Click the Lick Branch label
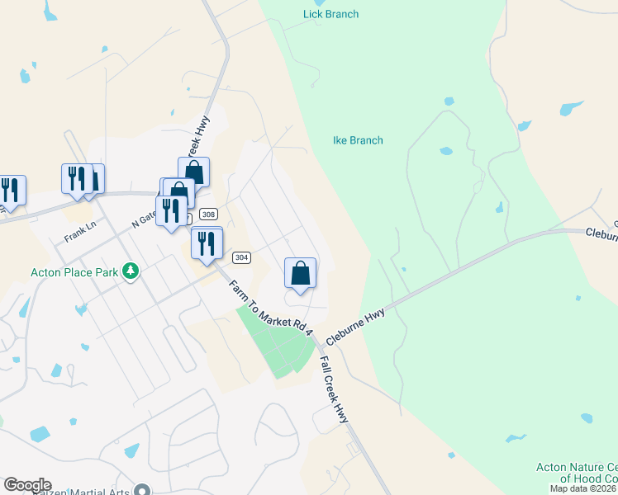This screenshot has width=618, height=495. (x=330, y=14)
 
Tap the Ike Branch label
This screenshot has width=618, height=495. (x=358, y=140)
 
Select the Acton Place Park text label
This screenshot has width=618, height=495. (x=72, y=271)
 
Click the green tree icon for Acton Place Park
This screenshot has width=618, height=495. (x=130, y=271)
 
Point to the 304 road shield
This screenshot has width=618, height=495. (x=241, y=257)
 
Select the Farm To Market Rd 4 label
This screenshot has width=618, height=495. (x=272, y=307)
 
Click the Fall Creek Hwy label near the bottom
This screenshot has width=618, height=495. (x=335, y=390)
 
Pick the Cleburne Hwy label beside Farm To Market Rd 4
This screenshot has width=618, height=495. (x=357, y=327)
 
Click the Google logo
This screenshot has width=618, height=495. (x=26, y=485)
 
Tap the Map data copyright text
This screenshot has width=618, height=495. (x=583, y=488)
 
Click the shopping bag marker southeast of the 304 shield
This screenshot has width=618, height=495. (x=301, y=273)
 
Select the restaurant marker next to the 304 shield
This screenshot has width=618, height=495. (x=206, y=243)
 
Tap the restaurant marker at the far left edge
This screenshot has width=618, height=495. (x=10, y=190)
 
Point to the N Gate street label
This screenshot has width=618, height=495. (x=144, y=218)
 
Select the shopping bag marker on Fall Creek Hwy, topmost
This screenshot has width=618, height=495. (x=194, y=172)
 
